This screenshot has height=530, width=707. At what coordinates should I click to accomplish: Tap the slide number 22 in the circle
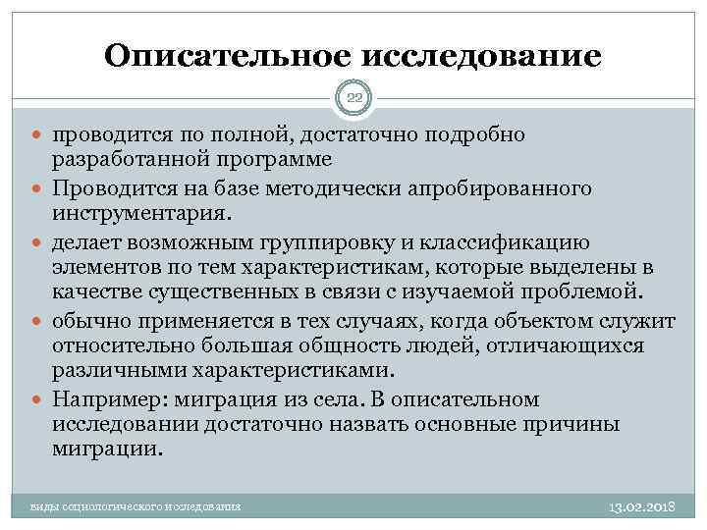[x=353, y=97]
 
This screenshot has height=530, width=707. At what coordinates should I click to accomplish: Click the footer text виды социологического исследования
[x=136, y=505]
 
